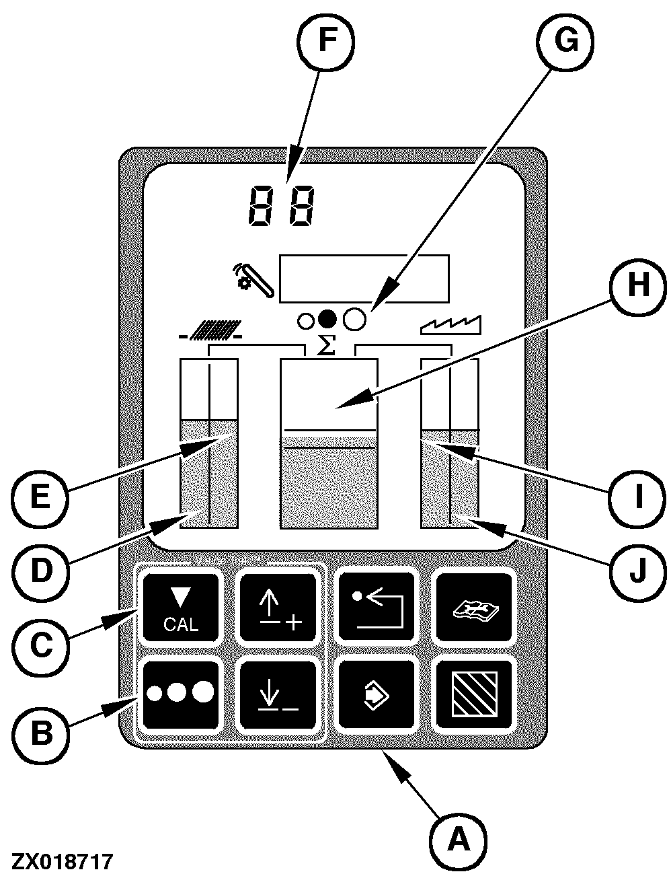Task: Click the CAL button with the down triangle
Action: coord(181,608)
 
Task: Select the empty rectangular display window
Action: coord(364,278)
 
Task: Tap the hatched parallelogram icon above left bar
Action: coord(210,330)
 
